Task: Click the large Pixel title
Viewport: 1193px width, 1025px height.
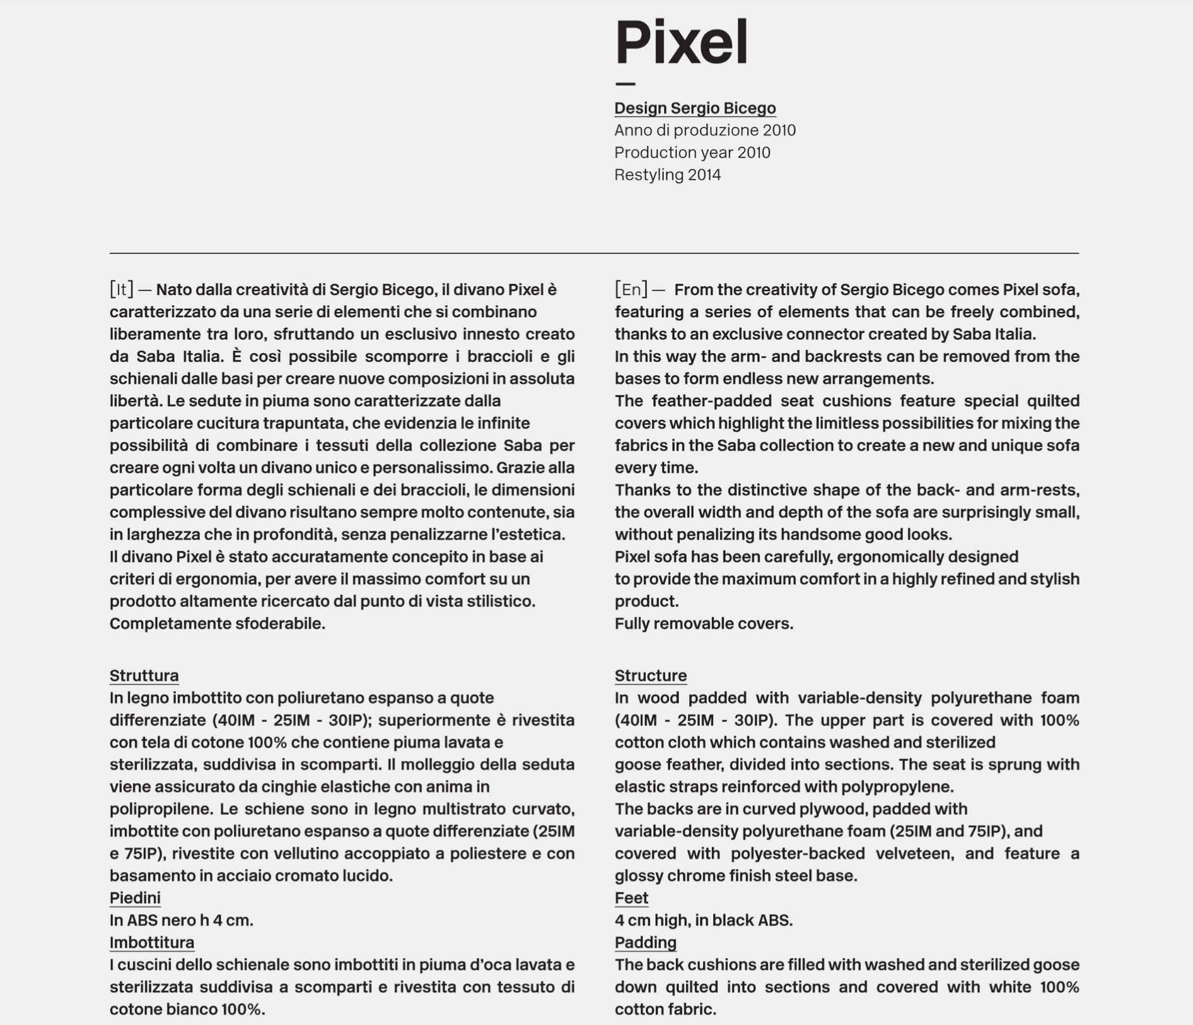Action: click(x=681, y=42)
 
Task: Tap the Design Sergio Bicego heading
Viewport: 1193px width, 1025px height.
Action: click(x=695, y=108)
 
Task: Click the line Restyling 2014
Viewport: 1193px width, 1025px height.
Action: click(x=667, y=175)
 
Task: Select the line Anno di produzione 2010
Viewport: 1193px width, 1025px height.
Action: click(x=704, y=130)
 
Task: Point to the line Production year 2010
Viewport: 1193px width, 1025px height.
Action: click(x=692, y=153)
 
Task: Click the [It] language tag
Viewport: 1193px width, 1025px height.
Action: click(x=121, y=289)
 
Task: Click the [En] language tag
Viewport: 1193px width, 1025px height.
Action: click(x=631, y=289)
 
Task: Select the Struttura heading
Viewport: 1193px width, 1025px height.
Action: click(x=144, y=676)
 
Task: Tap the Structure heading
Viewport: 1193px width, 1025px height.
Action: click(x=650, y=676)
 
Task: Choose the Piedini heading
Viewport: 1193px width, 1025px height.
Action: click(x=135, y=898)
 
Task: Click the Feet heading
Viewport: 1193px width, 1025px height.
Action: click(x=631, y=898)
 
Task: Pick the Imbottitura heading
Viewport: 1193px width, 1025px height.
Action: click(x=151, y=943)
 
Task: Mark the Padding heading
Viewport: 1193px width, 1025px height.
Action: click(x=645, y=943)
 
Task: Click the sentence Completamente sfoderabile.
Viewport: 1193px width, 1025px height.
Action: click(x=217, y=624)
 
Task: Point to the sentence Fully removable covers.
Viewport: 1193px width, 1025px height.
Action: click(x=704, y=624)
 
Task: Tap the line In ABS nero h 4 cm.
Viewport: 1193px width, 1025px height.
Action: click(x=181, y=921)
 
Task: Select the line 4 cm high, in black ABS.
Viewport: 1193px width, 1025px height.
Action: click(x=703, y=921)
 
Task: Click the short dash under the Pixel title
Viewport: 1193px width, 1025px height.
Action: click(x=625, y=83)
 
